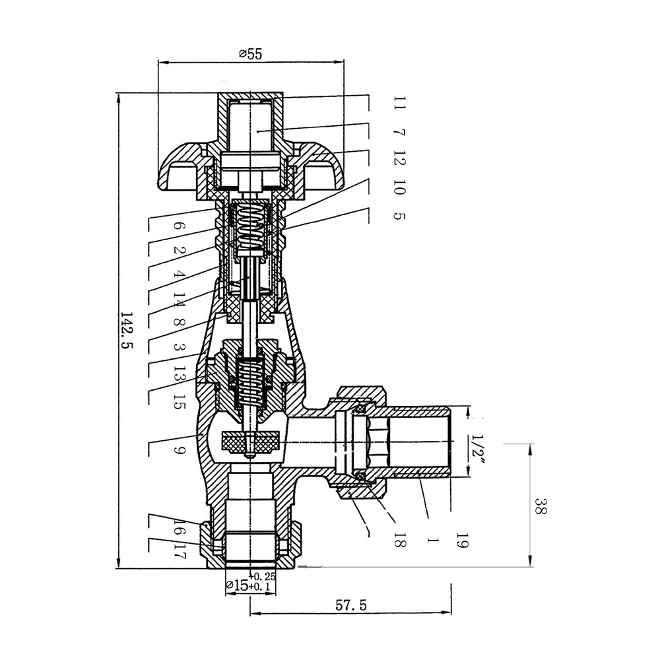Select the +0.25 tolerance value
(264, 576)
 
